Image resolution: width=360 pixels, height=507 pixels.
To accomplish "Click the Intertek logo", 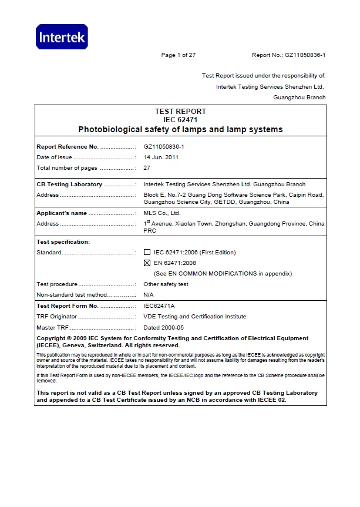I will (62, 38).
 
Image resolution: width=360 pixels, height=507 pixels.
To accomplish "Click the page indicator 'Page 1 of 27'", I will (178, 55).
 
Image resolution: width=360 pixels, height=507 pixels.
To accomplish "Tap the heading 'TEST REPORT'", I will (180, 112).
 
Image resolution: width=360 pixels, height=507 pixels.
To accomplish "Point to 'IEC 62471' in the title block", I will (180, 120).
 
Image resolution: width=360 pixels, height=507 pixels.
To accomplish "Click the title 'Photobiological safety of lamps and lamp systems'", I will (180, 129).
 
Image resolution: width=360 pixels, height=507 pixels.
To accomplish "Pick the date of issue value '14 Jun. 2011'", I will (161, 157).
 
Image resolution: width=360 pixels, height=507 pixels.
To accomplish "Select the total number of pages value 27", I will (147, 168).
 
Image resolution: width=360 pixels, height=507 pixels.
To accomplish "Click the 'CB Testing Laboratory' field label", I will (69, 184).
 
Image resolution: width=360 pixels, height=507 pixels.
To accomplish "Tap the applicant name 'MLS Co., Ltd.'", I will (162, 213).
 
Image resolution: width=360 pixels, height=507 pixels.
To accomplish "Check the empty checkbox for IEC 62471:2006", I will (147, 253).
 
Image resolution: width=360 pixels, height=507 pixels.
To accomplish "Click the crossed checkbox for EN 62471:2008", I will (147, 263).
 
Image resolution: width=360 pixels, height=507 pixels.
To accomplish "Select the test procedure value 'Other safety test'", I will (166, 284).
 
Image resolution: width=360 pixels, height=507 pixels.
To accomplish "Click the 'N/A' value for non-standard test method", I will (149, 294).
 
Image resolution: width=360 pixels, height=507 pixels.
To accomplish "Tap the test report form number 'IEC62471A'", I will (159, 306).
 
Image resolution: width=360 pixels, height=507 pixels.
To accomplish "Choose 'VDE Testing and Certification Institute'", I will (195, 317).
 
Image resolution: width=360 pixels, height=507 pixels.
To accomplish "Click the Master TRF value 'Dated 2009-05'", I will (164, 327).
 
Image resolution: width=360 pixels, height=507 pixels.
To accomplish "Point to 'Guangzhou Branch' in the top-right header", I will (300, 98).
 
